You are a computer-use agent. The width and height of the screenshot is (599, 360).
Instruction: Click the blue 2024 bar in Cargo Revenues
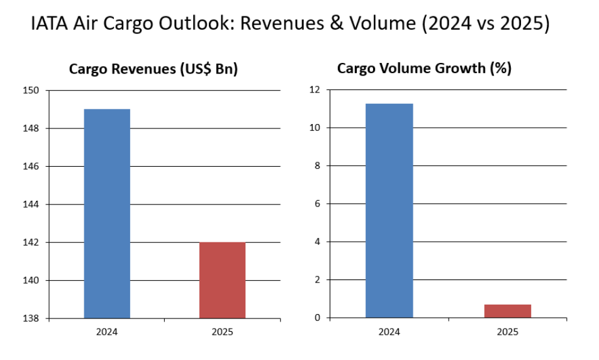(x=107, y=213)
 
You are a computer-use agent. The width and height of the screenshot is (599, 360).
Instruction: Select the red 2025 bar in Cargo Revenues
(x=222, y=280)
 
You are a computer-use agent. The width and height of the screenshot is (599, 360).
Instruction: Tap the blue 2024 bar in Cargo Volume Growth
(x=389, y=210)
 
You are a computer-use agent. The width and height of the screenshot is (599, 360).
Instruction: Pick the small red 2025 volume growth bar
(x=508, y=311)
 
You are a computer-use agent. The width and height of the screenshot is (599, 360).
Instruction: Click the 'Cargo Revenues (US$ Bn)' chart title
(x=153, y=69)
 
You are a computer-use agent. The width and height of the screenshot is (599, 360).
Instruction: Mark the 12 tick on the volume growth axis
(x=315, y=91)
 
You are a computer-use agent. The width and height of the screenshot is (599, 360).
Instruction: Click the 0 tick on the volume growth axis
(x=318, y=318)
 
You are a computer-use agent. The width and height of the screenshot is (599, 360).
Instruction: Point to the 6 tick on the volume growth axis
(x=318, y=204)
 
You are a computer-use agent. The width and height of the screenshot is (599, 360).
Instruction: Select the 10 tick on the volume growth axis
(x=315, y=128)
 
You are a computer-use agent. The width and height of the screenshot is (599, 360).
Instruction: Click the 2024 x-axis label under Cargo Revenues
(x=107, y=332)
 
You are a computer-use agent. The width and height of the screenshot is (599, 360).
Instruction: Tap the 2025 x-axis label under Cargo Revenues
(x=222, y=332)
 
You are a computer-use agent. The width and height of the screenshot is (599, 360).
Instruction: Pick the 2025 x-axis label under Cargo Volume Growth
(x=508, y=332)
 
